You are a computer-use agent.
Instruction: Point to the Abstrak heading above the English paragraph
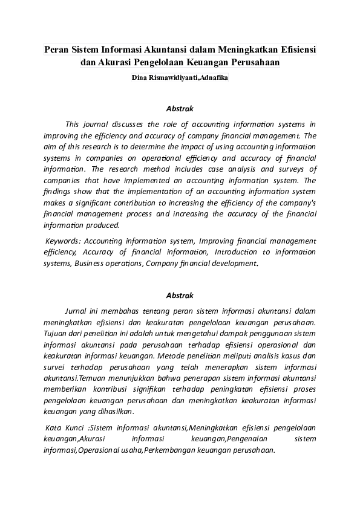tap(180, 109)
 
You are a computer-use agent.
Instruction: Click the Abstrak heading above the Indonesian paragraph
tap(180, 296)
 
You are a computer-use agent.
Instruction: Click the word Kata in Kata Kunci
tap(54, 428)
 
